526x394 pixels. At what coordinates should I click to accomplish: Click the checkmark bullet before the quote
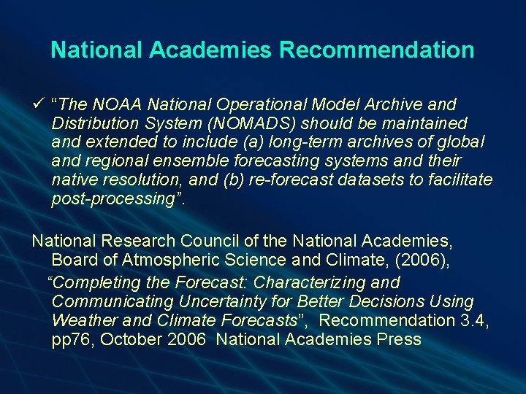(38, 104)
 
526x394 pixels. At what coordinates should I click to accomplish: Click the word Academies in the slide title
(213, 50)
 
